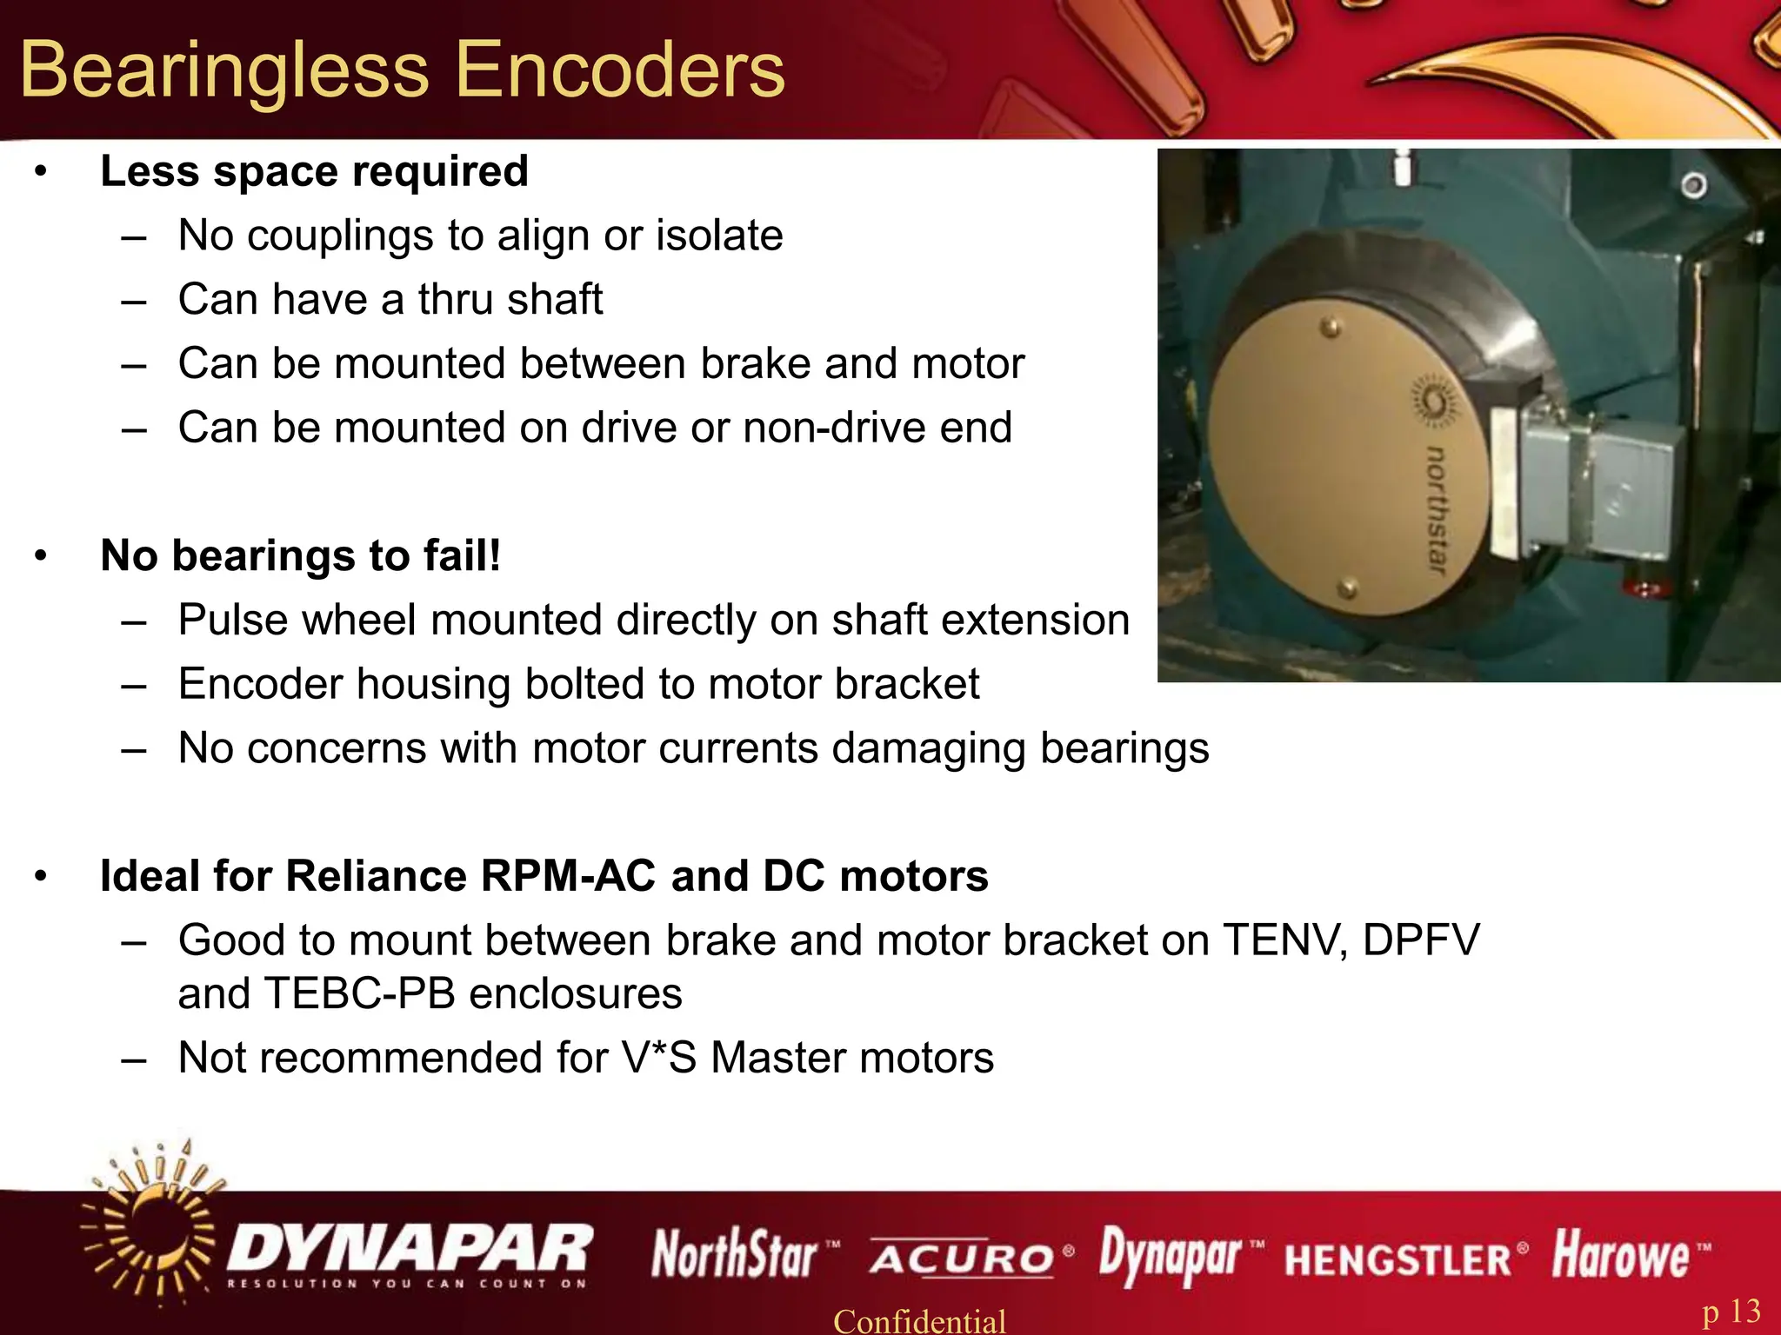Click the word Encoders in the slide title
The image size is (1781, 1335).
click(x=619, y=70)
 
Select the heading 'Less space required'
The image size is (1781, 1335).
click(x=314, y=171)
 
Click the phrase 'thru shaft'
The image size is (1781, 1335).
click(x=510, y=300)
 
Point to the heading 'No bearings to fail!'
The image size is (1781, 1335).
click(x=301, y=555)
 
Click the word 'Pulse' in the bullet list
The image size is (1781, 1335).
click(x=229, y=620)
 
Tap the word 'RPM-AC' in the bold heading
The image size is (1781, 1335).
click(x=568, y=876)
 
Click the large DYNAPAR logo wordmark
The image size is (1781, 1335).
click(x=410, y=1248)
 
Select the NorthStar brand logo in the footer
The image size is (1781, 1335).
click(x=735, y=1255)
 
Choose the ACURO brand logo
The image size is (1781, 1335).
click(x=963, y=1258)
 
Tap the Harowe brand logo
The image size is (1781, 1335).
click(x=1620, y=1255)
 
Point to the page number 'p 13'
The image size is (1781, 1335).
click(x=1731, y=1311)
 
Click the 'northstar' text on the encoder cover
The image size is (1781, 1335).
click(x=1437, y=508)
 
